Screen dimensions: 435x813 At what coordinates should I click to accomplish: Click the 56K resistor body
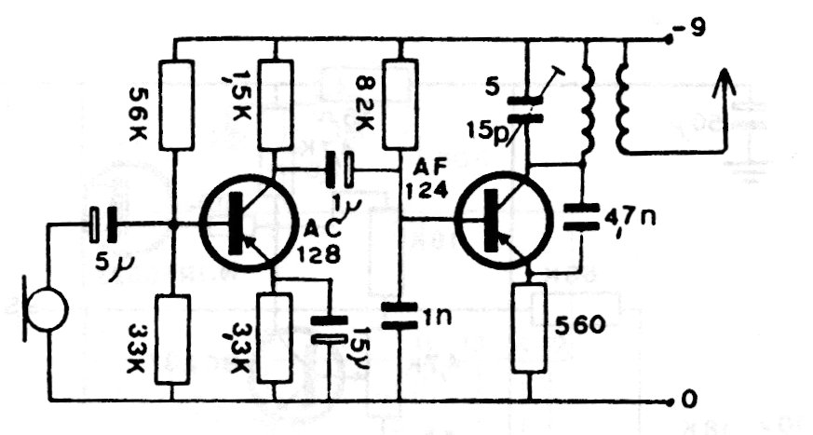click(176, 104)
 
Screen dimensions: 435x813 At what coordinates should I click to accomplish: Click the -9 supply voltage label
click(694, 29)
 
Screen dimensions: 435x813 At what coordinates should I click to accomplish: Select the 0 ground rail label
click(689, 401)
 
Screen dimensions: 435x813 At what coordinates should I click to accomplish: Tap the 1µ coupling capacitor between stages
click(340, 170)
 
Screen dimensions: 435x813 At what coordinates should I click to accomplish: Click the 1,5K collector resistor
click(277, 104)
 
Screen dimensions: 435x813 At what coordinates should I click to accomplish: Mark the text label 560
click(581, 325)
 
